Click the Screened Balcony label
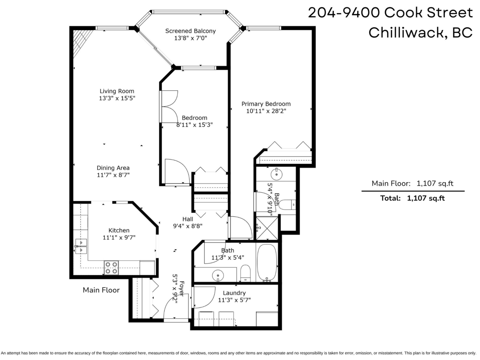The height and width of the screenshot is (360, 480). point(190,31)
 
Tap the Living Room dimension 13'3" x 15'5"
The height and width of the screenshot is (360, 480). point(117,98)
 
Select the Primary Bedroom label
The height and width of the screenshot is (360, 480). point(266,104)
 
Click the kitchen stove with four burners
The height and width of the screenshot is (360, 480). point(111,267)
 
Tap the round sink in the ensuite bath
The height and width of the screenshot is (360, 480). point(276,174)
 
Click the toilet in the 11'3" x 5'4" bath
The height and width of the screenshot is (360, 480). point(246,273)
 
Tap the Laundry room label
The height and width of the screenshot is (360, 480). point(234,293)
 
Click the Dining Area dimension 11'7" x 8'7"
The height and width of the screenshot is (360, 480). point(113,175)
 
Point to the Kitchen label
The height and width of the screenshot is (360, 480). point(119,230)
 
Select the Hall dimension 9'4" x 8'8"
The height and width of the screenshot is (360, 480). point(188,226)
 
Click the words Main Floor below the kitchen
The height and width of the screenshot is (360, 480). point(101,290)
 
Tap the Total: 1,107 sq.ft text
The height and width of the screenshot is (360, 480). point(413,198)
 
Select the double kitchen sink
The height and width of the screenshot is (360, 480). point(80,246)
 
